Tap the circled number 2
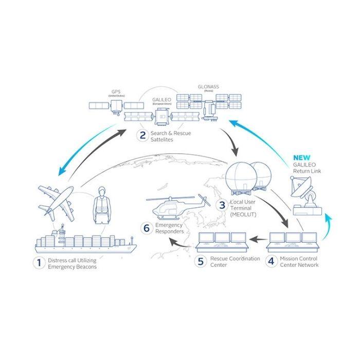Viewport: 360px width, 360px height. (142, 136)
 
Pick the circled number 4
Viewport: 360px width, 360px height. (271, 261)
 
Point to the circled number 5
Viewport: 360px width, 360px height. (202, 261)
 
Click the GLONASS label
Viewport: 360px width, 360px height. (208, 87)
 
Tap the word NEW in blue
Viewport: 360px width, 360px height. (302, 157)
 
